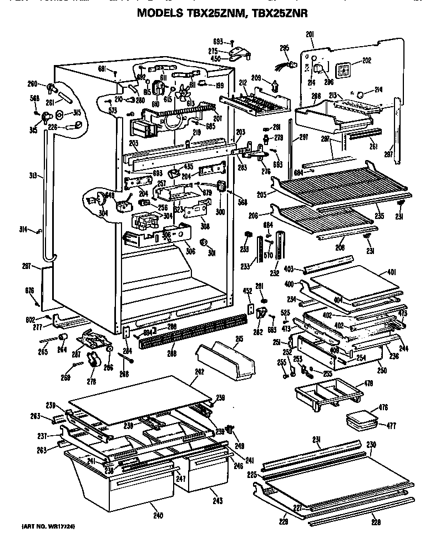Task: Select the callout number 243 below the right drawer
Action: coord(217,501)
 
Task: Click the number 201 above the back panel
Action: coord(310,36)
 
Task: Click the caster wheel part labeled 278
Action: coord(93,365)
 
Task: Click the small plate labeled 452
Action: coord(250,309)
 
